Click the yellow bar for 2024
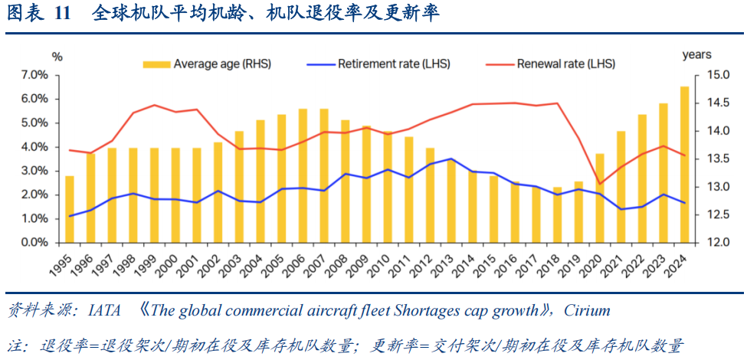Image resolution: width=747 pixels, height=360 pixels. (x=684, y=165)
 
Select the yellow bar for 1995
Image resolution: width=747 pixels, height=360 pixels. (x=70, y=209)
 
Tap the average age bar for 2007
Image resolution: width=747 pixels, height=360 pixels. (x=324, y=175)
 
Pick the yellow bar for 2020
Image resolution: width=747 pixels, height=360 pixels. (x=600, y=198)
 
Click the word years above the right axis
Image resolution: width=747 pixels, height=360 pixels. (x=697, y=54)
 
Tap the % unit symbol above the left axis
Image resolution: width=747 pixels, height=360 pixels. (x=57, y=56)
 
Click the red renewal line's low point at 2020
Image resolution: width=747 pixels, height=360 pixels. (x=600, y=184)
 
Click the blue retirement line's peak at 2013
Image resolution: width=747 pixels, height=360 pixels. (x=451, y=159)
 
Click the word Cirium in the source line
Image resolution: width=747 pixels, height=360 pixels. (x=587, y=310)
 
